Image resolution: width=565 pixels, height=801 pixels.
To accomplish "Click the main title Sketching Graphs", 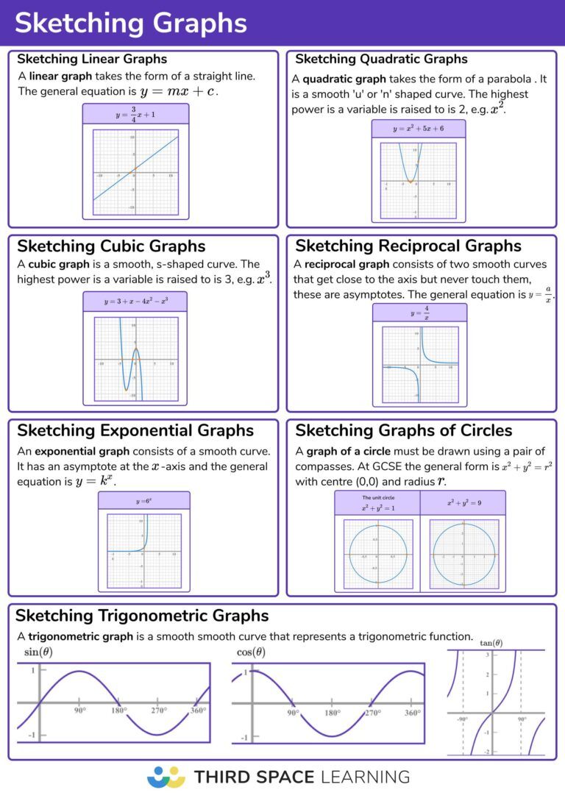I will (x=130, y=23).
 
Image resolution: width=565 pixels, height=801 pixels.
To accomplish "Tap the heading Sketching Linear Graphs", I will (x=92, y=59).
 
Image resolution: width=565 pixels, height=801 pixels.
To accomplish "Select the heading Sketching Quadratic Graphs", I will (x=381, y=59).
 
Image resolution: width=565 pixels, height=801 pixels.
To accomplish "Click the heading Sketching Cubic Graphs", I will (x=111, y=246).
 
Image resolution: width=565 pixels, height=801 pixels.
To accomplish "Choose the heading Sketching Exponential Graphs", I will (x=135, y=430).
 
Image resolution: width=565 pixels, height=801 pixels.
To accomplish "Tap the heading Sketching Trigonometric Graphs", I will (x=142, y=615).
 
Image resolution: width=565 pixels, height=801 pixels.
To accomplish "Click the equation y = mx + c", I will (x=180, y=92).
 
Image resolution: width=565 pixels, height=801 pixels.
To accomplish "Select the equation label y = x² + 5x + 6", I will (x=419, y=129).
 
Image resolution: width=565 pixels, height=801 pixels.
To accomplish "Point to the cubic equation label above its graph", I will (x=135, y=302).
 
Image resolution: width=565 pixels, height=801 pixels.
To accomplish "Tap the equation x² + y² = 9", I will (x=462, y=503).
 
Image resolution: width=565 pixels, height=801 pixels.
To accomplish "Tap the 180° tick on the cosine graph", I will (x=332, y=713).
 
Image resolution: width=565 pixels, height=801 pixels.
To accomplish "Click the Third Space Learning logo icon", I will (x=166, y=777).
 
